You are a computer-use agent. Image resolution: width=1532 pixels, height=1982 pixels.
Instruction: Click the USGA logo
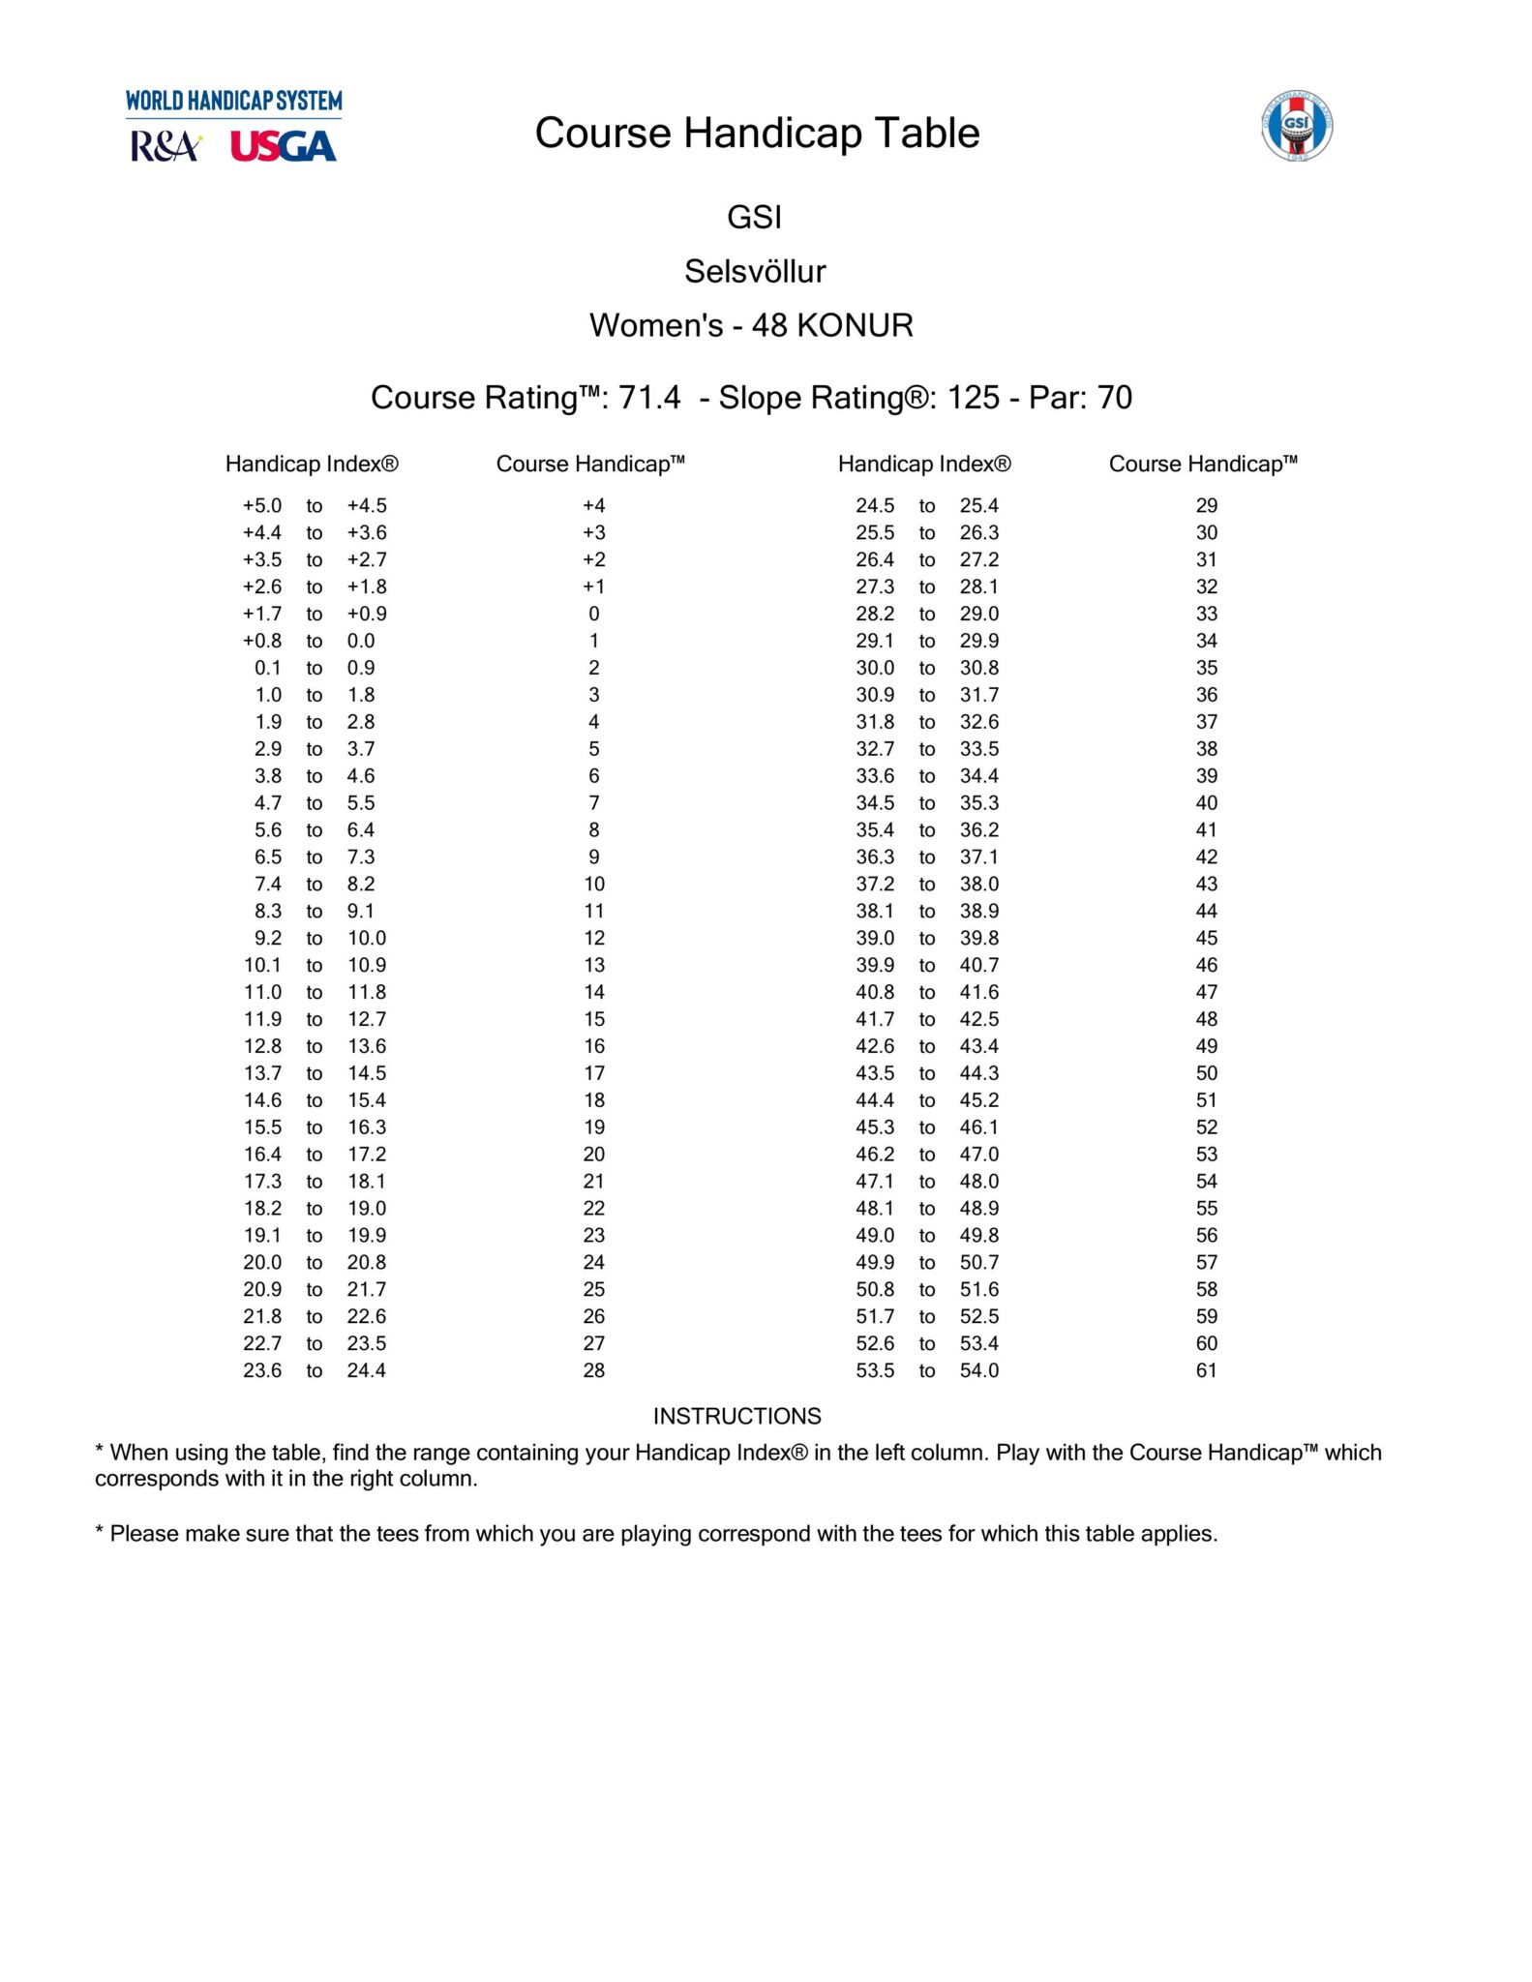(283, 147)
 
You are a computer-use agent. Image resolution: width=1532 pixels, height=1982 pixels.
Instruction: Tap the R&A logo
(165, 147)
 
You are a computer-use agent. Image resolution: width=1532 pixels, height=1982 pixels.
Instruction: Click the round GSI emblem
(1297, 126)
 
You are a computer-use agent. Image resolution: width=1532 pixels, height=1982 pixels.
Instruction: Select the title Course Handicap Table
(757, 134)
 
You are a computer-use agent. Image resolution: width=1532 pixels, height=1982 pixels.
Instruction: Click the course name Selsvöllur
(755, 272)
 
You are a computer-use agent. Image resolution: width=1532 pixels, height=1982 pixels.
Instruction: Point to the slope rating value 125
(973, 398)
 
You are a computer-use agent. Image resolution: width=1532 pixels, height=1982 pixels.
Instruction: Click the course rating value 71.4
(649, 398)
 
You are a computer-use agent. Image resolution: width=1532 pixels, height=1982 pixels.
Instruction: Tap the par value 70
(1115, 398)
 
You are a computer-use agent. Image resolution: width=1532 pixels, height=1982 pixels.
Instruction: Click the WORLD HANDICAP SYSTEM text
(233, 102)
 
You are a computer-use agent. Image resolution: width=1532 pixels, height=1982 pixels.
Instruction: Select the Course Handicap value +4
(593, 506)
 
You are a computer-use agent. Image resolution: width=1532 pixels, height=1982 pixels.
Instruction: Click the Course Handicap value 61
(1206, 1370)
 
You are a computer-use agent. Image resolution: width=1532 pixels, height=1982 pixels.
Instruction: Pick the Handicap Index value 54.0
(979, 1370)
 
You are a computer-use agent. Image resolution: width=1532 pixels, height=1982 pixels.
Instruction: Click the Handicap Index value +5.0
(262, 506)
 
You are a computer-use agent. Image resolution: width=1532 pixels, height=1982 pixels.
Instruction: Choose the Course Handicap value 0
(593, 614)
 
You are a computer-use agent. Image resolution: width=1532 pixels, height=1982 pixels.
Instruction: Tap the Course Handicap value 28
(593, 1370)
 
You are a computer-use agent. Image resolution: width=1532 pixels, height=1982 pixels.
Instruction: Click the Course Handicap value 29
(1206, 506)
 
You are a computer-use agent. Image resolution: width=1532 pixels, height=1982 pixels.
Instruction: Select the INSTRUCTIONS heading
(736, 1417)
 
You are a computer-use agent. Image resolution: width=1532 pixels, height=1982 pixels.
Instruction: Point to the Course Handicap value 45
(1206, 938)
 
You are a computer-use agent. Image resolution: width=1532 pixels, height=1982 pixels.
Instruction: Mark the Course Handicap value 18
(593, 1100)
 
